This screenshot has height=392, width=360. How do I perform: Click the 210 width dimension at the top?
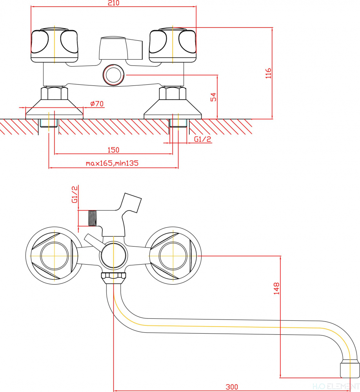[113, 4]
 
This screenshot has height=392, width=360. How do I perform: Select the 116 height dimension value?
[268, 73]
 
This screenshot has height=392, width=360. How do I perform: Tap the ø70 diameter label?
[96, 104]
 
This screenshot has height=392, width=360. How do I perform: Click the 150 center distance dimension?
[113, 150]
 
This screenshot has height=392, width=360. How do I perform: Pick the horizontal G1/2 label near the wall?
[202, 139]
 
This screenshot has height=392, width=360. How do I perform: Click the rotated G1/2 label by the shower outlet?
[75, 195]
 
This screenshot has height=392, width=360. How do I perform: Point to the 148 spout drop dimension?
[277, 289]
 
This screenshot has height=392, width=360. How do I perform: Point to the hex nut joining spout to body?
[113, 277]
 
